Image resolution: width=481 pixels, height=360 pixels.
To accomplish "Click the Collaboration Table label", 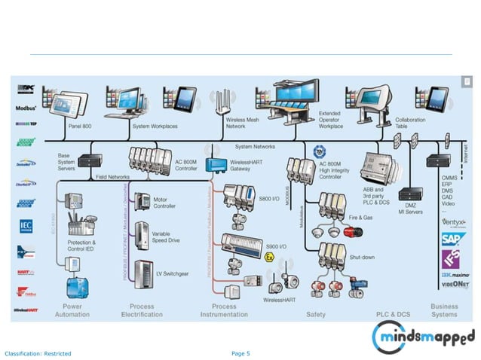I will point(410,123).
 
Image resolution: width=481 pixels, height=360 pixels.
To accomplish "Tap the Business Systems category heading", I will point(444,310).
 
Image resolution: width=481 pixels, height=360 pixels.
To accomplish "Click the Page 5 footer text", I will point(240,353).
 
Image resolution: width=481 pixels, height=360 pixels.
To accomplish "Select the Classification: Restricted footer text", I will point(38,353).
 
